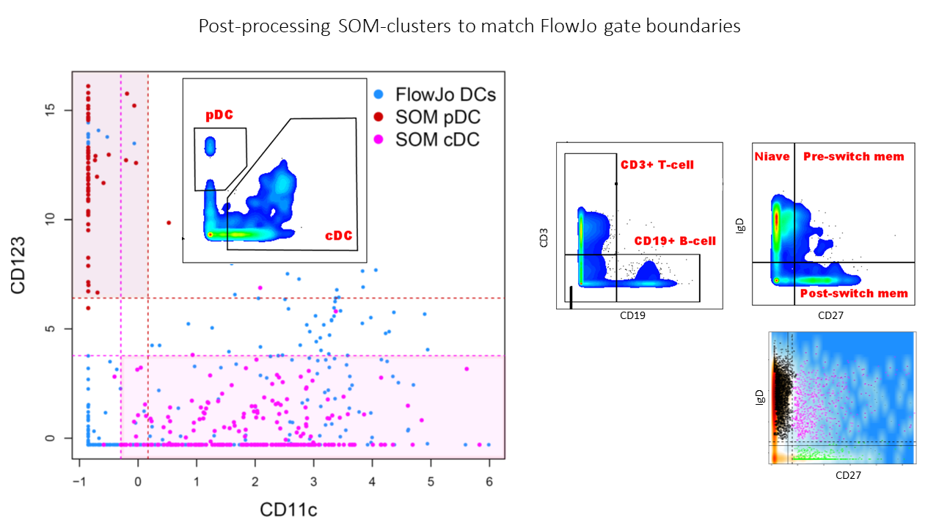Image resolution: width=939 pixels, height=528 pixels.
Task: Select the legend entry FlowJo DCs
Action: pyautogui.click(x=445, y=95)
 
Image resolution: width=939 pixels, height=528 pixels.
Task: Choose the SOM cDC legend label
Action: pyautogui.click(x=437, y=139)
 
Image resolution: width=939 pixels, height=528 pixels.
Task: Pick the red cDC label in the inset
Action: pyautogui.click(x=338, y=235)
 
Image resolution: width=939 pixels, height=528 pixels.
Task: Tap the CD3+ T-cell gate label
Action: pyautogui.click(x=657, y=165)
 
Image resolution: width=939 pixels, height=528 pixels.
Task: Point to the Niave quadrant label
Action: pyautogui.click(x=772, y=156)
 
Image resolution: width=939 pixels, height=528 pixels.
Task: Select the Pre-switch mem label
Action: pyautogui.click(x=853, y=156)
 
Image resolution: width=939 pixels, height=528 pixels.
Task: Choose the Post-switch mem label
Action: pyautogui.click(x=854, y=293)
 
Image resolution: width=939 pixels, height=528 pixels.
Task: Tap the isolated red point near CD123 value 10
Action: pyautogui.click(x=169, y=222)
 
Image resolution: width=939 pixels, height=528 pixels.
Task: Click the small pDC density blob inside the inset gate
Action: pyautogui.click(x=210, y=146)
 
